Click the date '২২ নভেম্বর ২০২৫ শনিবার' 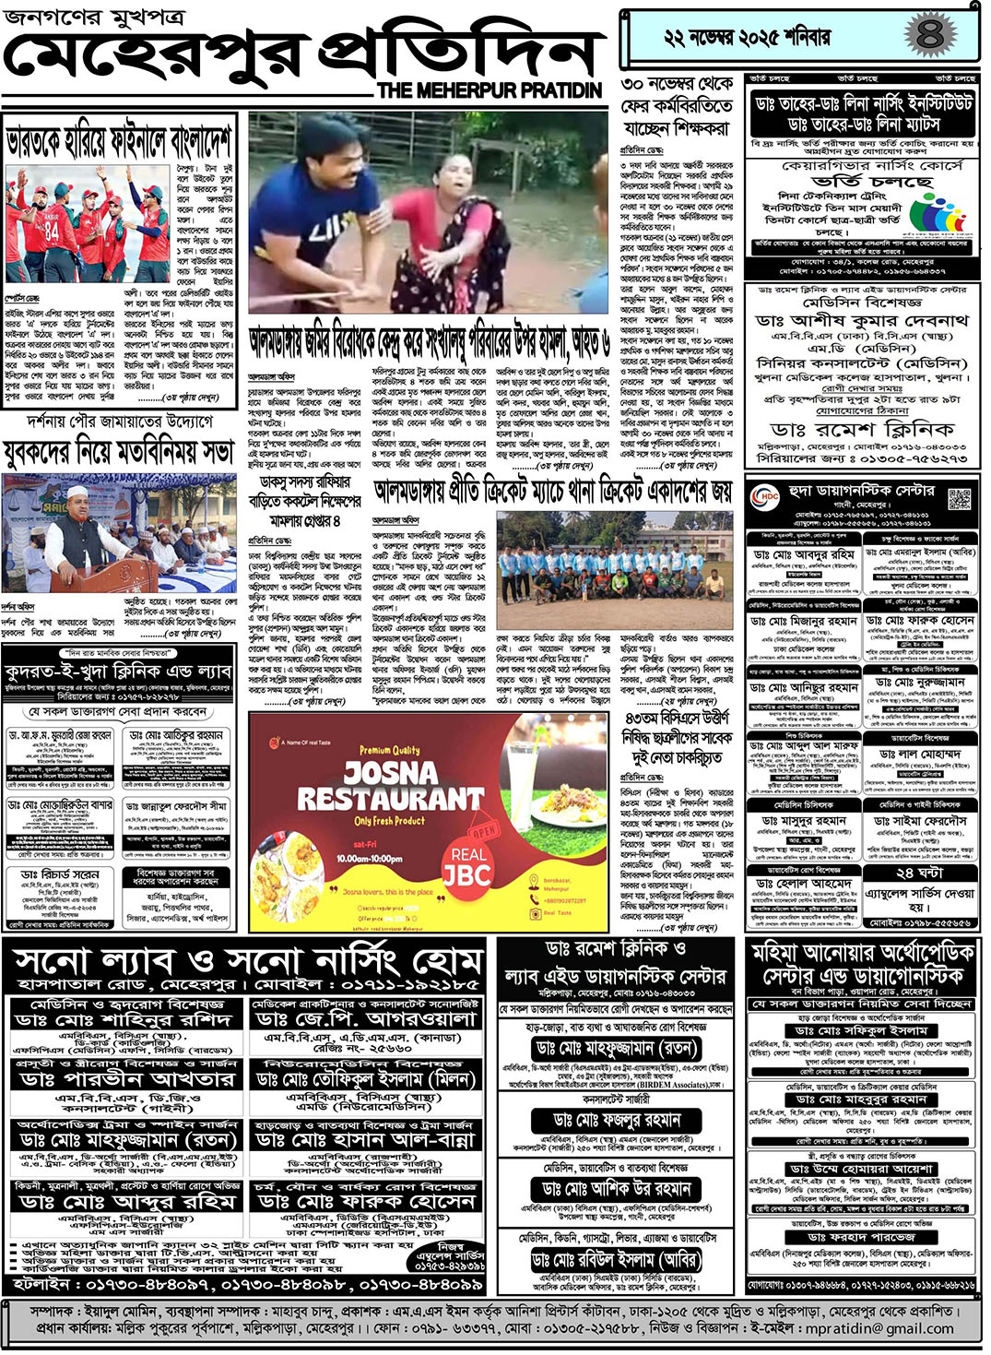tap(747, 38)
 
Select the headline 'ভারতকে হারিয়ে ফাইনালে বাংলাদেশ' tap(118, 141)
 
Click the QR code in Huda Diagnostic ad tap(959, 499)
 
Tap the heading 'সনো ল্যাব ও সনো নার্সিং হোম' tap(247, 962)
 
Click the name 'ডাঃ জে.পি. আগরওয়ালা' tap(366, 1019)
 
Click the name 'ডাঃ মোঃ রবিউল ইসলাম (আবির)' tap(616, 1260)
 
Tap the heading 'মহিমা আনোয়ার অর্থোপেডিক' tap(862, 952)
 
